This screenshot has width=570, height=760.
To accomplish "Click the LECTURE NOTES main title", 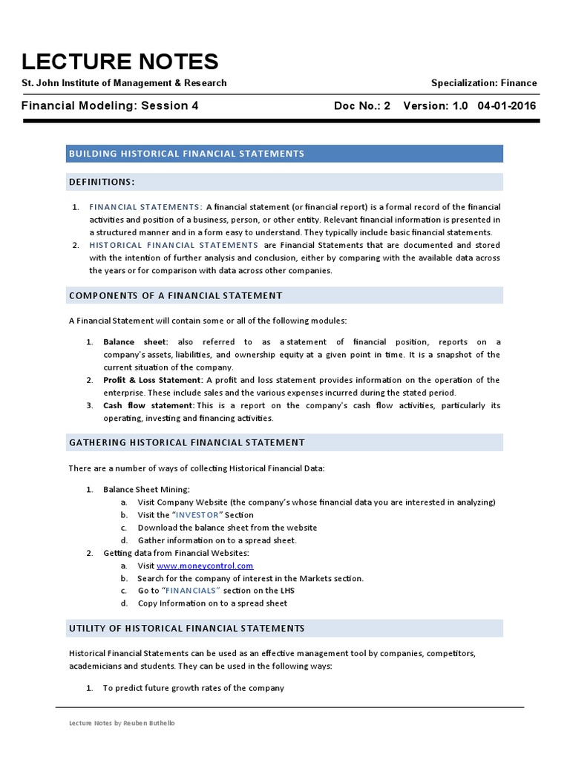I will pos(119,61).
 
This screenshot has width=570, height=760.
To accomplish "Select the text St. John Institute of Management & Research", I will pos(124,83).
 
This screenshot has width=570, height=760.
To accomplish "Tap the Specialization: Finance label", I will pos(484,83).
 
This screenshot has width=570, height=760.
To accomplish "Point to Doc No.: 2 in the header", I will pos(362,106).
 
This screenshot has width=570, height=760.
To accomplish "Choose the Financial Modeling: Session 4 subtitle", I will pos(110,106).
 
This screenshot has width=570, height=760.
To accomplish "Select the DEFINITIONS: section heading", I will pos(102,182).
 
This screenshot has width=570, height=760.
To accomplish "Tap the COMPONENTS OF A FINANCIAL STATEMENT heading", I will pos(175,295).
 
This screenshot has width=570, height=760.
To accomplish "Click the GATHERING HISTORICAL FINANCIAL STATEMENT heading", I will pos(186,442).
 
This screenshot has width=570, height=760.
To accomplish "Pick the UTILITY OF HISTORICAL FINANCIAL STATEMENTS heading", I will pos(186,628).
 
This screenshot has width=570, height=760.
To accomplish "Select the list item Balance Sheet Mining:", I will pos(146,490).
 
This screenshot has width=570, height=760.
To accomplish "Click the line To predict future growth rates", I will pos(193,688).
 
